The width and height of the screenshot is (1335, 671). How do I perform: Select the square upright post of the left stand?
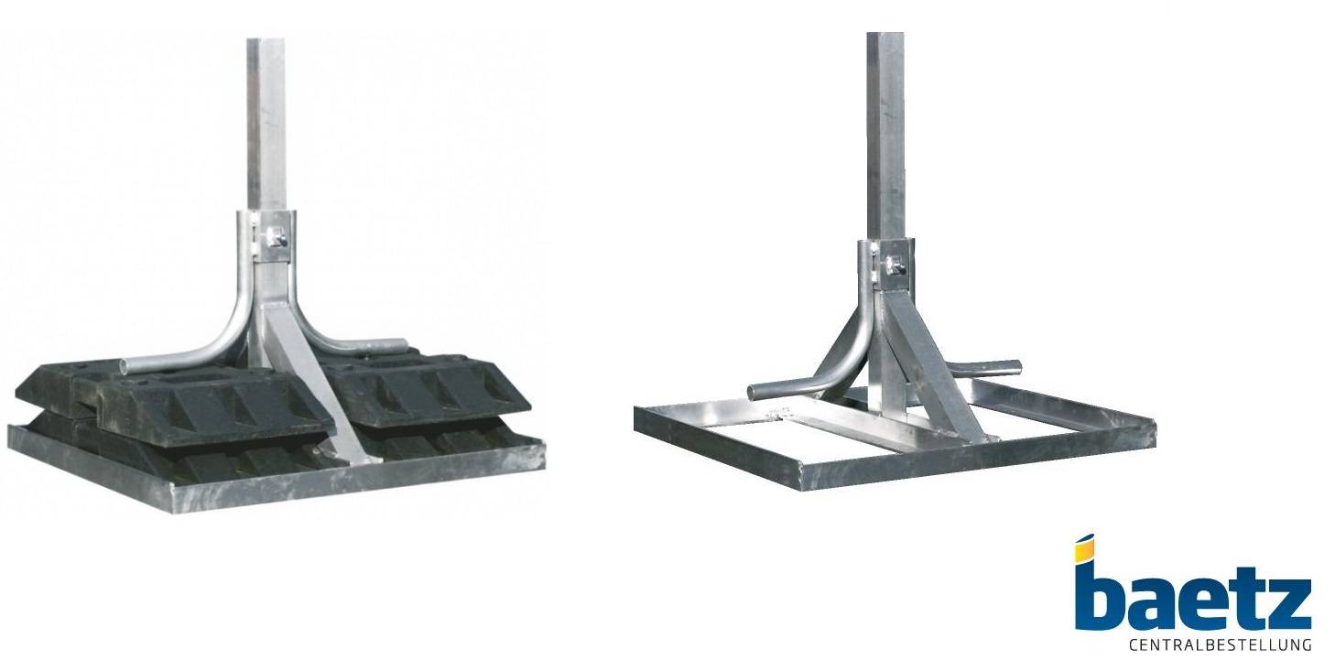point(266,125)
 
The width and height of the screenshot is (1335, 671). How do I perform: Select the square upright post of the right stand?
point(885,135)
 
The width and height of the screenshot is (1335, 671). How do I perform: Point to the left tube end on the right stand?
point(754,391)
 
